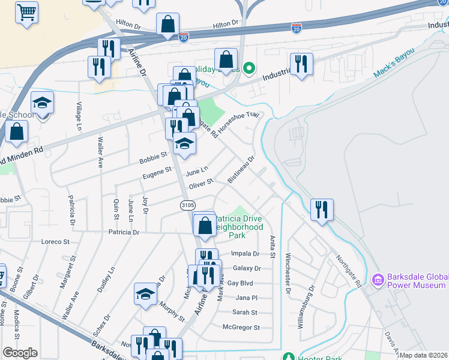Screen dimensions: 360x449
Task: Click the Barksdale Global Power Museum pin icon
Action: click(378, 280)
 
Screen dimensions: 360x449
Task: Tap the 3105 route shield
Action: click(188, 205)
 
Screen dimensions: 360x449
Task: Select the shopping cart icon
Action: click(26, 12)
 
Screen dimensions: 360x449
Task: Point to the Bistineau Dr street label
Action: click(241, 170)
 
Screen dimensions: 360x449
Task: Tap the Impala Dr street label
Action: click(247, 254)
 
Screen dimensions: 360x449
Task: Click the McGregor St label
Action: click(241, 328)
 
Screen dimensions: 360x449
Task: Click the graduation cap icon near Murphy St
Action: click(145, 293)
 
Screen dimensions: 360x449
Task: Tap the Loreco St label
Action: click(55, 242)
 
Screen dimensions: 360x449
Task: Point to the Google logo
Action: click(20, 353)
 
